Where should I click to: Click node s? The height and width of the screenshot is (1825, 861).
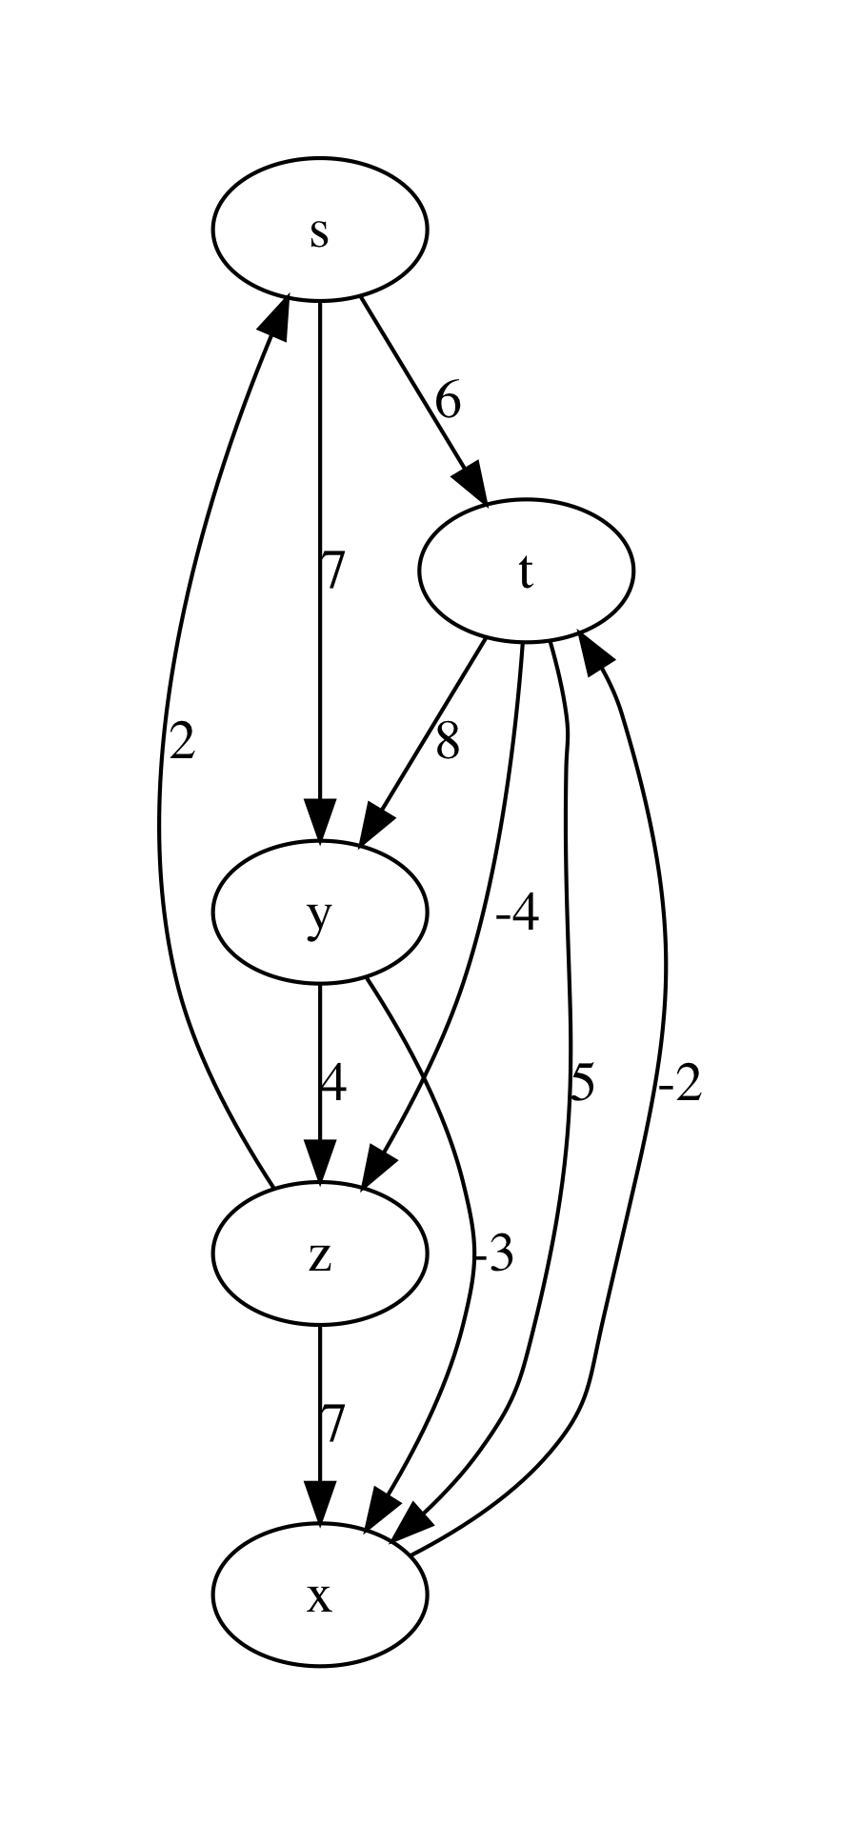coord(320,230)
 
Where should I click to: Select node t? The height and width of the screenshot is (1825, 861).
coord(526,571)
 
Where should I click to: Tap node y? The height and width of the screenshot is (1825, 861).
coord(320,912)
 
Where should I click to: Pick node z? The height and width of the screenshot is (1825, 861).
coord(320,1253)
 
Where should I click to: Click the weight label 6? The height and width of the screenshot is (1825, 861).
coord(448,401)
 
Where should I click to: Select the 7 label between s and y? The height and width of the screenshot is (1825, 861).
coord(330,572)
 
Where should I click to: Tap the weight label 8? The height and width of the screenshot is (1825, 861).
coord(448,741)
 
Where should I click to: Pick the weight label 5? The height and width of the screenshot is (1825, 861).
coord(582,1083)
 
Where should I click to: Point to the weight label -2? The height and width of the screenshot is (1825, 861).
coord(679,1083)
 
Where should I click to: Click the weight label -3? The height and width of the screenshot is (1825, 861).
coord(493,1254)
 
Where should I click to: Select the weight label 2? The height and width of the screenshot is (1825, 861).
coord(181,741)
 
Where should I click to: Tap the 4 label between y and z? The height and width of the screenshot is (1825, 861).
coord(331,1083)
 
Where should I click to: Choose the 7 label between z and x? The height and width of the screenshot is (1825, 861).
coord(330,1425)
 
